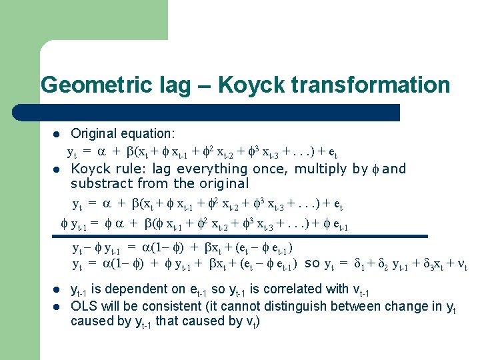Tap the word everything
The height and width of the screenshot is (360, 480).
point(214,169)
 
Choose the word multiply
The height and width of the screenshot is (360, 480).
point(317,169)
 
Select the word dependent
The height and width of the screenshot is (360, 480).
point(143,289)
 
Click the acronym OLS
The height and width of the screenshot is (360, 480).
point(84,307)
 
